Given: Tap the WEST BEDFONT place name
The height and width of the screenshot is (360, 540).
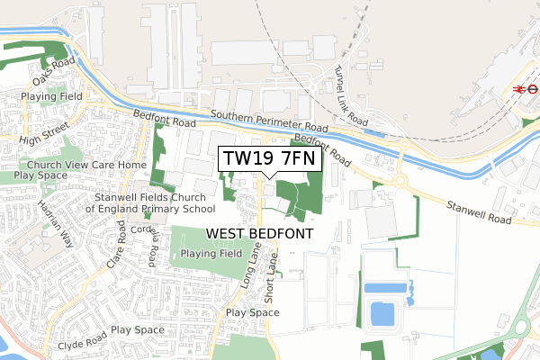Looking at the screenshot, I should (x=260, y=233).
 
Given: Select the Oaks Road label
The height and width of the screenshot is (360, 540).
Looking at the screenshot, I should (x=50, y=67).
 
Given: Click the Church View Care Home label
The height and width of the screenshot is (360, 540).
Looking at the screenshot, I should (x=86, y=166).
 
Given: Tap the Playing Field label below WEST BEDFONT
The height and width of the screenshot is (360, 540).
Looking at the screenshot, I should (x=210, y=254).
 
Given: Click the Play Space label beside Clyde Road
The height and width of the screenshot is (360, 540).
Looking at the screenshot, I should (x=138, y=330).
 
